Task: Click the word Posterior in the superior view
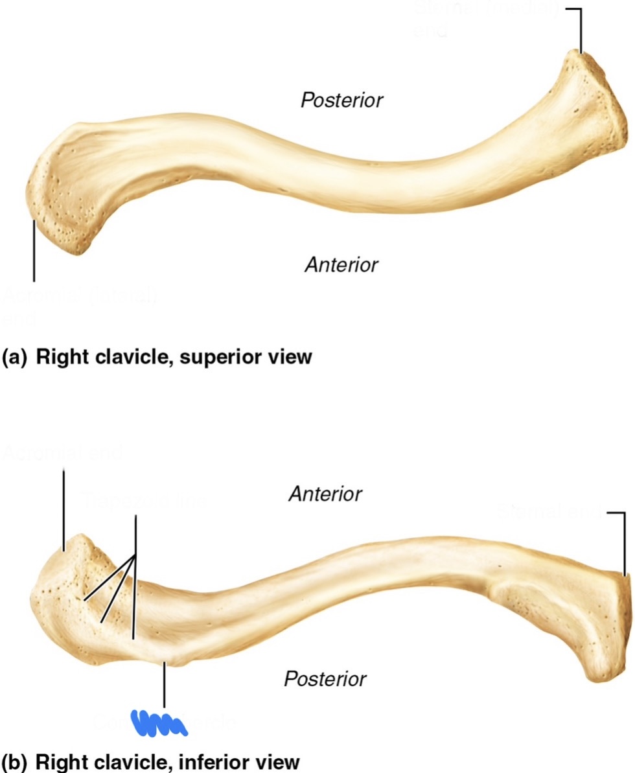coord(341,100)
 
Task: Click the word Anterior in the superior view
coord(341,264)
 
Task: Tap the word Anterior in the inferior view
coord(325,494)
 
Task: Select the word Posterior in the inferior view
coord(325,679)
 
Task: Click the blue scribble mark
coord(159,722)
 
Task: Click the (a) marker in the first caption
coord(14,356)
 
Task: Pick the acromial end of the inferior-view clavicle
coord(62,583)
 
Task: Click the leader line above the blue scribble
coord(165,684)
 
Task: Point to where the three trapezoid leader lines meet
coord(135,556)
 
